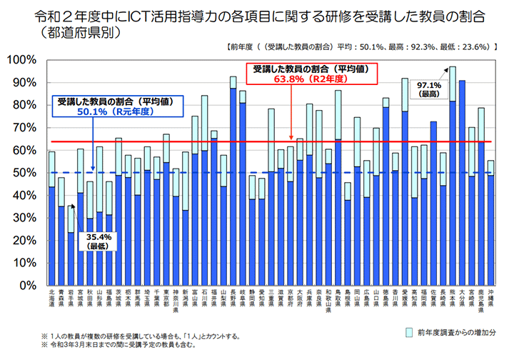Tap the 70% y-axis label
point(29,127)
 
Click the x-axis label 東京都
point(166,297)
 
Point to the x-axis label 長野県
point(233,297)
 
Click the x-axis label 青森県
point(61,297)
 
